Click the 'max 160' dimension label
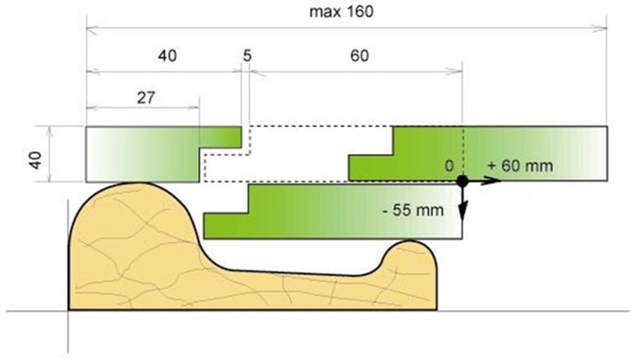342,12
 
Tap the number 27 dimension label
146,98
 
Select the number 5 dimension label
247,56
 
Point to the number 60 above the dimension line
360,56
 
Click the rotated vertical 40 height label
35,160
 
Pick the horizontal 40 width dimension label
167,56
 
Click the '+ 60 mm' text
520,166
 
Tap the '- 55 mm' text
413,210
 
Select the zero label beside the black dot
449,166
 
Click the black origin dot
462,181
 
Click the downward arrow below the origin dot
462,204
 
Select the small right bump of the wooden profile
410,261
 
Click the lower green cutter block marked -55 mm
333,211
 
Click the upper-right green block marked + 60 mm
478,154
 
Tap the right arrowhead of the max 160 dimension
601,28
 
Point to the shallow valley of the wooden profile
294,273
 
